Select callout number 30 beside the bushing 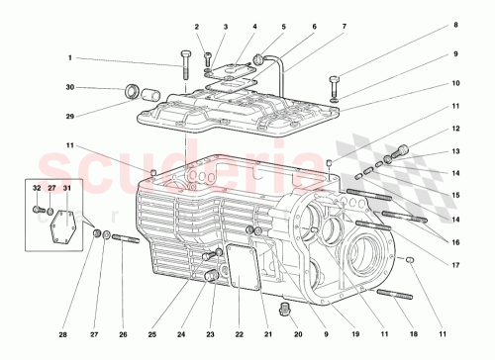70,88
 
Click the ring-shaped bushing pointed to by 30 131,94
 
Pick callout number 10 456,84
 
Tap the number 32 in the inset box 37,187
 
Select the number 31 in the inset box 67,187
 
